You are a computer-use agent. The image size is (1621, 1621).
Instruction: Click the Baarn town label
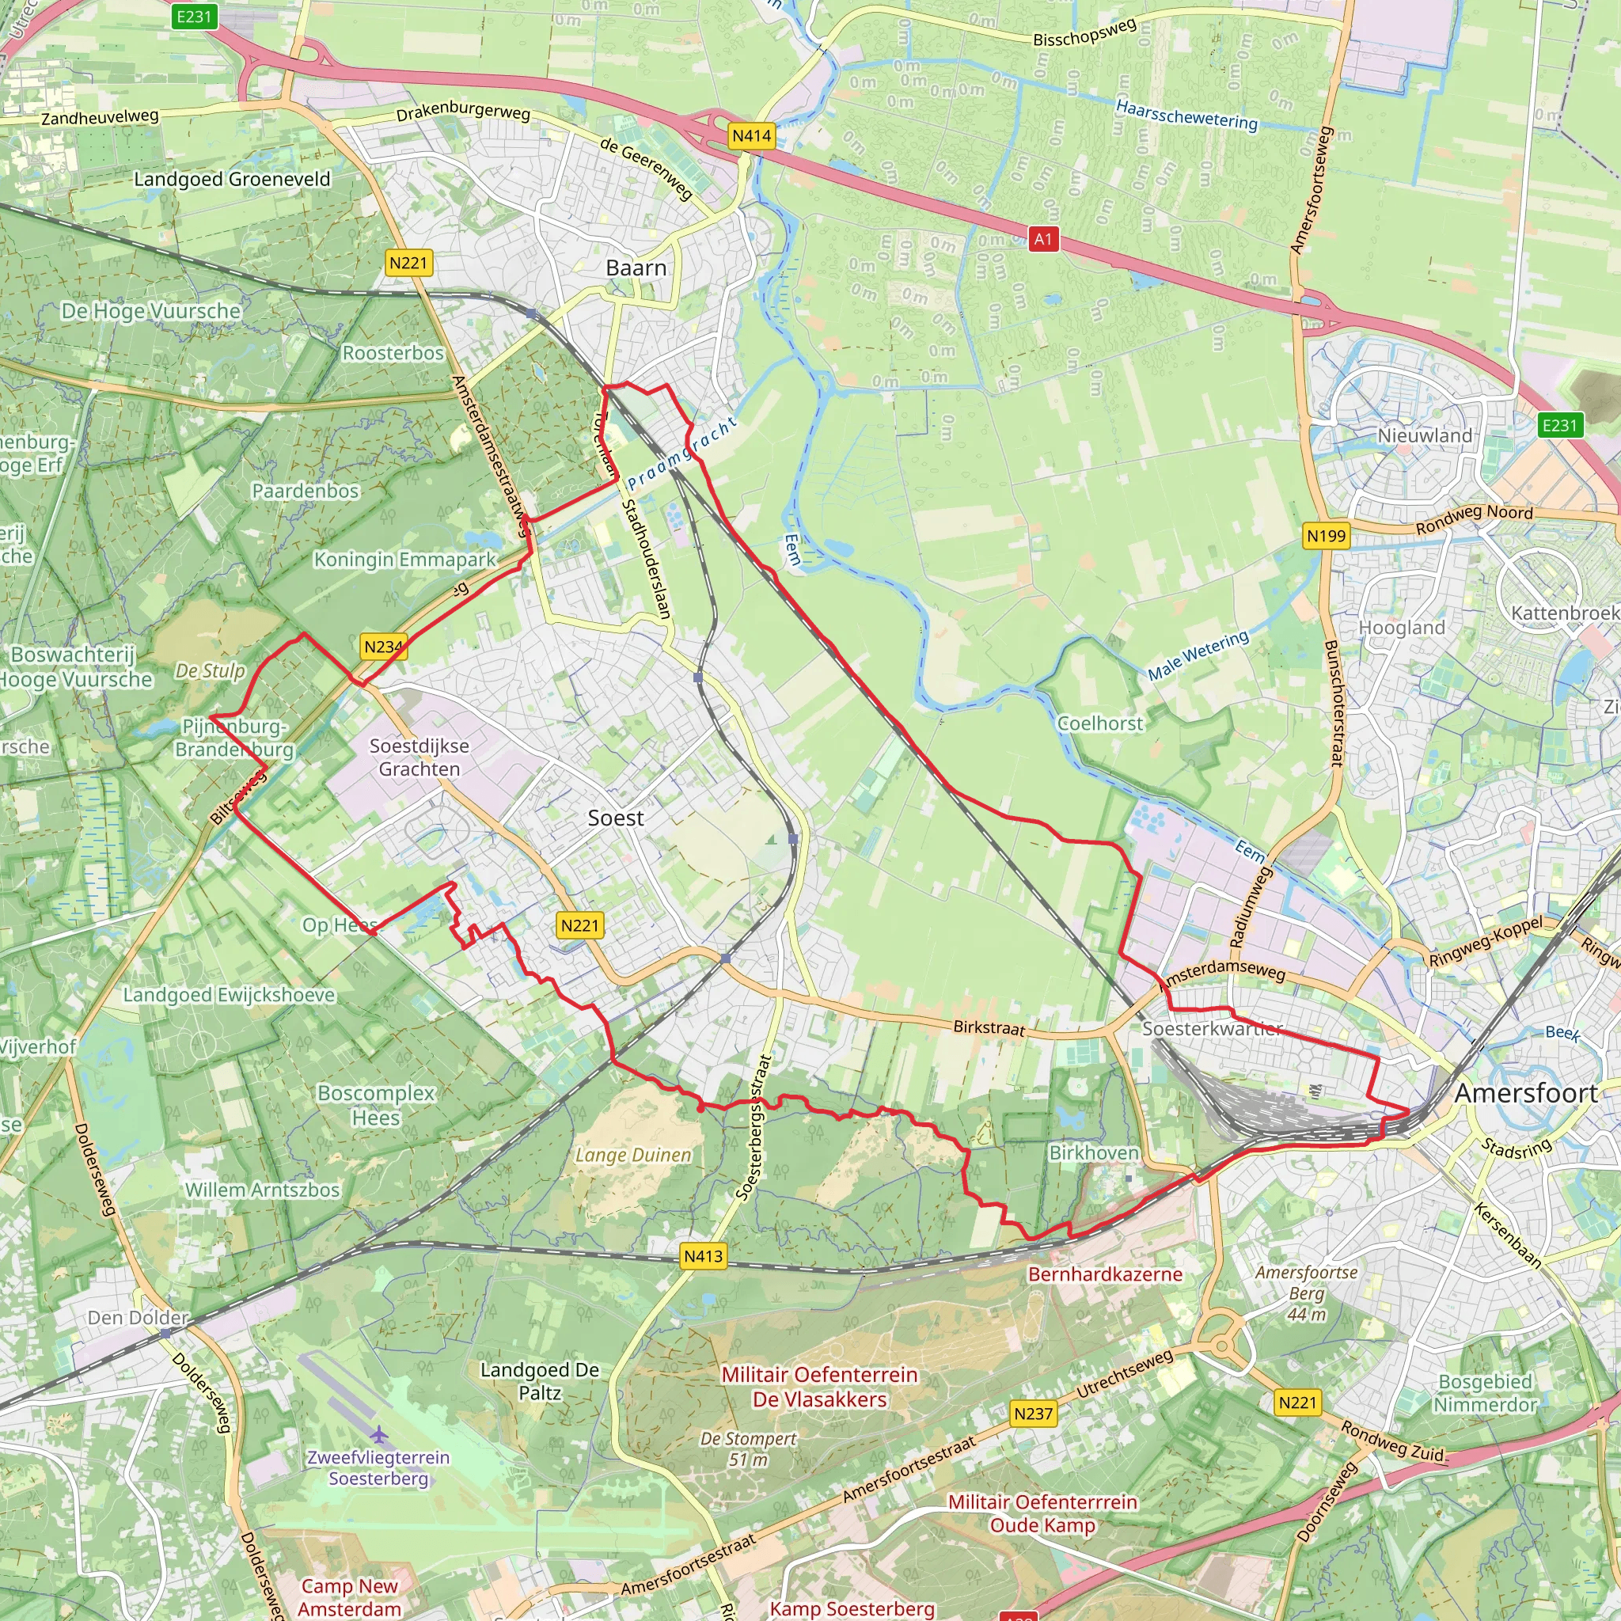pos(636,268)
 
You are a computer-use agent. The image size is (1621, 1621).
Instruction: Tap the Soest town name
pos(616,818)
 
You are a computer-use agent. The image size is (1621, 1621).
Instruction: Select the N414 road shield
pos(751,136)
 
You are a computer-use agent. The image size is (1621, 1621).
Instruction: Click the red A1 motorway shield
pos(1043,239)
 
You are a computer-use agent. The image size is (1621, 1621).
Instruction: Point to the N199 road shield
pos(1326,536)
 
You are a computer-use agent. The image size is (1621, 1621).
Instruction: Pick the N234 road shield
pos(384,647)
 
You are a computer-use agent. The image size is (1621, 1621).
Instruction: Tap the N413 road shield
pos(703,1256)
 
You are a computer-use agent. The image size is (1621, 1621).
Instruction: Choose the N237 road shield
pos(1033,1414)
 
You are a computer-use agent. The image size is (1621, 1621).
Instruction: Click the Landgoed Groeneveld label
pos(233,179)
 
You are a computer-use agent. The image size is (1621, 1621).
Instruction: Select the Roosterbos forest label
pos(393,353)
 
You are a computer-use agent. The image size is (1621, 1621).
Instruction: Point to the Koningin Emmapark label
pos(405,560)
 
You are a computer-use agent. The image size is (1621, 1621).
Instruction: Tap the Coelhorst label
pos(1100,723)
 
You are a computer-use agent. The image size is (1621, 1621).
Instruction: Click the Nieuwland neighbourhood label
pos(1425,435)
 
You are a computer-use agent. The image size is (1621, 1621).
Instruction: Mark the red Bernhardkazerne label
pos(1105,1274)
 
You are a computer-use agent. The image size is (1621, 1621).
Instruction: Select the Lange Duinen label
pos(633,1156)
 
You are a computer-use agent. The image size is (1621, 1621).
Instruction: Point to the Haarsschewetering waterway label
pos(1186,114)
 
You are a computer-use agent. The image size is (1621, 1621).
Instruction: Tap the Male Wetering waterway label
pos(1198,656)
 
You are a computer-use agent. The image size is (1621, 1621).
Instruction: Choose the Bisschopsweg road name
pos(1084,32)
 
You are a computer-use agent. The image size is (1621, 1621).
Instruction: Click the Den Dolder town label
pos(139,1318)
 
